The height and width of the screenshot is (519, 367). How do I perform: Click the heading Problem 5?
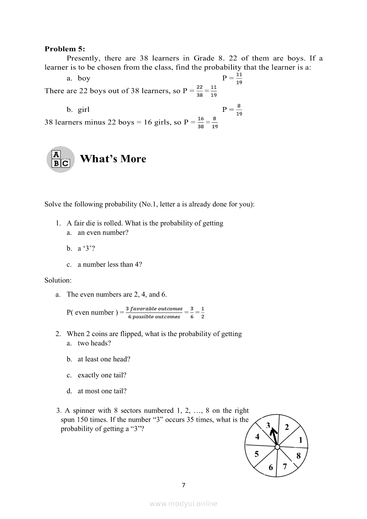(x=64, y=49)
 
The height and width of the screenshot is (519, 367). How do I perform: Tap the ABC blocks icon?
(x=60, y=159)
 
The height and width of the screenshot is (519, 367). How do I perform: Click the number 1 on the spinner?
(x=300, y=440)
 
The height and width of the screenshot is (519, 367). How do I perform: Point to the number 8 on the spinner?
(x=298, y=456)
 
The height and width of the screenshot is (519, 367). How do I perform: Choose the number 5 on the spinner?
(x=256, y=454)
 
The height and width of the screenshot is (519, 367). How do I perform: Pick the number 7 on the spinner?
(x=285, y=467)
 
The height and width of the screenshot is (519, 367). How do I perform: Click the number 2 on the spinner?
(x=287, y=428)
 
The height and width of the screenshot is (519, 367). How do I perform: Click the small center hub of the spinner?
(x=277, y=447)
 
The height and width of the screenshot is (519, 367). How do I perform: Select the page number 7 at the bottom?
(x=183, y=485)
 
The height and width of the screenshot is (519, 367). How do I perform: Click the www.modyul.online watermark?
(x=183, y=503)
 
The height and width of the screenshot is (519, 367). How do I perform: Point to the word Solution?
(x=58, y=280)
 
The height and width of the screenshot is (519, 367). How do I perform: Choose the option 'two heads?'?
(x=94, y=343)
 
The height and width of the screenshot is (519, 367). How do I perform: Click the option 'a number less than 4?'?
(x=110, y=265)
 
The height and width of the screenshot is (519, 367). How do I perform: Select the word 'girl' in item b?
(x=84, y=110)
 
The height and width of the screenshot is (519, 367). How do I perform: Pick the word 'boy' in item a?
(x=84, y=78)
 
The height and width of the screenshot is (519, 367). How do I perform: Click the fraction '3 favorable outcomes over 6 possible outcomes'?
(x=154, y=313)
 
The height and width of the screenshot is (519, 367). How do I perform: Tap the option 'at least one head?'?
(x=104, y=359)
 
